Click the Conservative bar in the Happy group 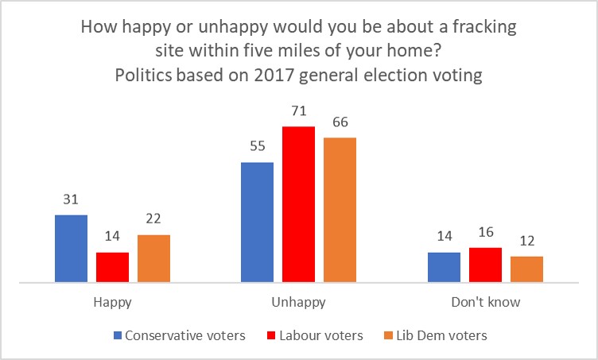(x=71, y=248)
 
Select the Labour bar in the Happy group (x=112, y=267)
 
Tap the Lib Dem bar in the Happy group (x=153, y=258)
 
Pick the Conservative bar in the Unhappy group (x=257, y=222)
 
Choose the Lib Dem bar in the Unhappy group (x=340, y=210)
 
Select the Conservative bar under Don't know (x=444, y=267)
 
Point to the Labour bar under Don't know (x=485, y=265)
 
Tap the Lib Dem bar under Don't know (x=526, y=269)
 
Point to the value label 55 (x=257, y=149)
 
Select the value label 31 (x=71, y=201)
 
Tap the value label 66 (x=340, y=123)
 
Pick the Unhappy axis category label (x=298, y=302)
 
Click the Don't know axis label (x=485, y=302)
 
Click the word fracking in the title (x=482, y=27)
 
